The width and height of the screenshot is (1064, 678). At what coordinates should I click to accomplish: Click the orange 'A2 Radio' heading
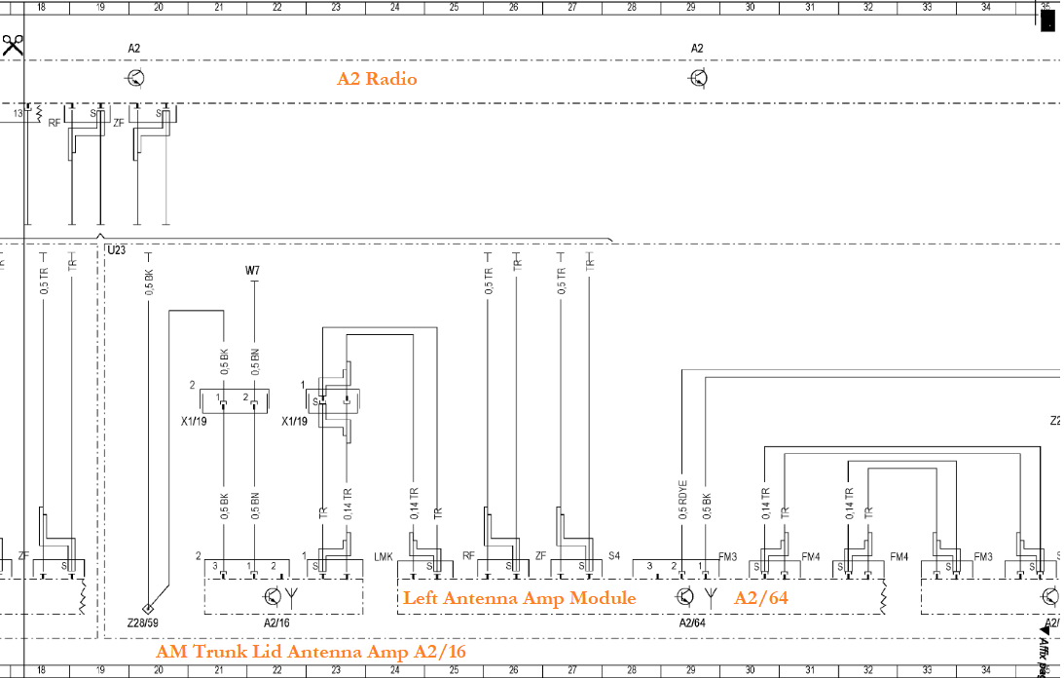[377, 79]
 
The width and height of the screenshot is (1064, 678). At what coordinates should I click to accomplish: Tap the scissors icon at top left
[13, 45]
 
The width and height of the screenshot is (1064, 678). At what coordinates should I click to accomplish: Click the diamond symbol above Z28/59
[146, 605]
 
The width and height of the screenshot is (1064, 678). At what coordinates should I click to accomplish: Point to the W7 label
[252, 271]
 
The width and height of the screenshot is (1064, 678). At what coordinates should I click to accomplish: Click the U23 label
[116, 250]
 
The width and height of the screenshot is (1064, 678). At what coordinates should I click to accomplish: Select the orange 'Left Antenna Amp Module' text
[520, 598]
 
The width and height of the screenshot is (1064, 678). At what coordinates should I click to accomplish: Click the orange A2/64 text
[761, 598]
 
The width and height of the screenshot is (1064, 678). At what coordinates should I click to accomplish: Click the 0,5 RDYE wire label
[682, 496]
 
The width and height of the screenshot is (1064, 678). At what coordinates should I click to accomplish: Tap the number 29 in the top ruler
[691, 6]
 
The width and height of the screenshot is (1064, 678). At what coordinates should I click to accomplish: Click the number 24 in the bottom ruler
[395, 671]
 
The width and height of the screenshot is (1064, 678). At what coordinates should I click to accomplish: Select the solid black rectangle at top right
[1047, 19]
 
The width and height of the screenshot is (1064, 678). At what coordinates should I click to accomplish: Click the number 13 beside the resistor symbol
[18, 114]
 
